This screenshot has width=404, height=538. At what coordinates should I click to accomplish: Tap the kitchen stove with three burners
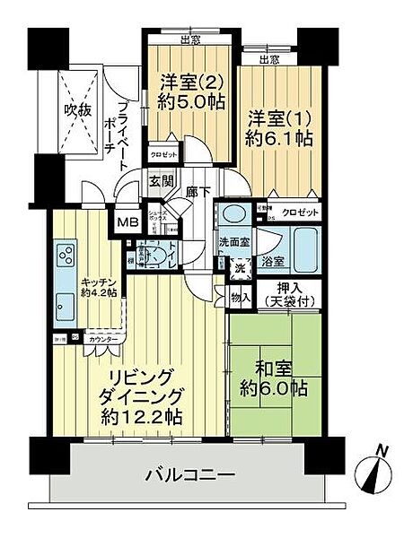(x=66, y=256)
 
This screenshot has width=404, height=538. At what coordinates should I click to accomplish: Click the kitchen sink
(x=66, y=301)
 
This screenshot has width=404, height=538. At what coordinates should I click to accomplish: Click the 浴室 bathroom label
(x=273, y=263)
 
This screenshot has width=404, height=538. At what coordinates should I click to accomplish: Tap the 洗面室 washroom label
(x=236, y=241)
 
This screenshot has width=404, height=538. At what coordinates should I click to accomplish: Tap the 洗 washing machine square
(x=239, y=267)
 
